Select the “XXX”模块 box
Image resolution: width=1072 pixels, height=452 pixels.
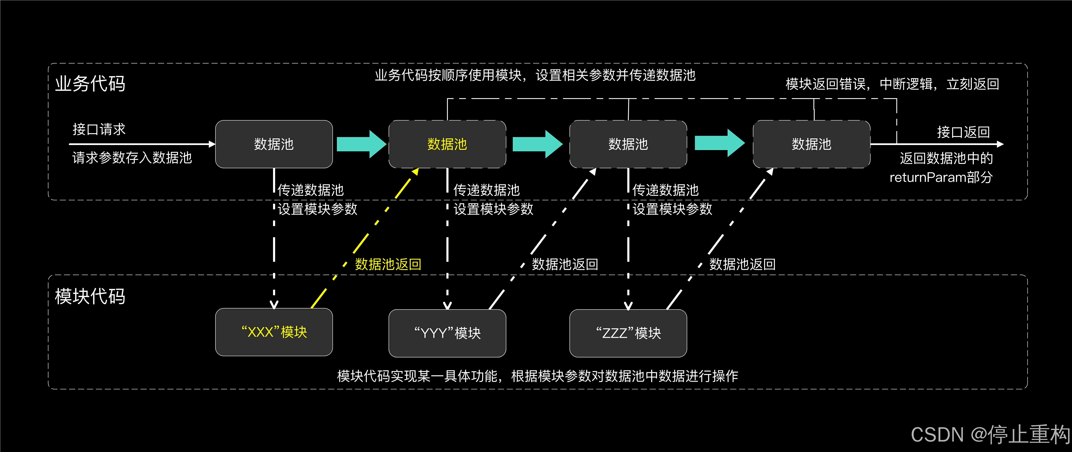click(x=274, y=332)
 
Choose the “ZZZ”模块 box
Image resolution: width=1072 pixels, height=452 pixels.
click(x=628, y=333)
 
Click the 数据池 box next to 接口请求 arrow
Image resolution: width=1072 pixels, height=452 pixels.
click(x=274, y=144)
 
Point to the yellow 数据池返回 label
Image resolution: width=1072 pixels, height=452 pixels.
click(x=388, y=264)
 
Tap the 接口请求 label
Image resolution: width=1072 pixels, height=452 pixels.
click(x=99, y=129)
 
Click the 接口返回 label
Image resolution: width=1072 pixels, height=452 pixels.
click(x=963, y=132)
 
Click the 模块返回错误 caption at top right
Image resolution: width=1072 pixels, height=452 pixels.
click(x=892, y=84)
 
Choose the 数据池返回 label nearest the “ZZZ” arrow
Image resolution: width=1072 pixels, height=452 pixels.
click(x=742, y=264)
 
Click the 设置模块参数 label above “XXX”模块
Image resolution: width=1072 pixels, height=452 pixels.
click(x=318, y=209)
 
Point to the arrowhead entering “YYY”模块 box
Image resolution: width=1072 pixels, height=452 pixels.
click(x=447, y=306)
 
